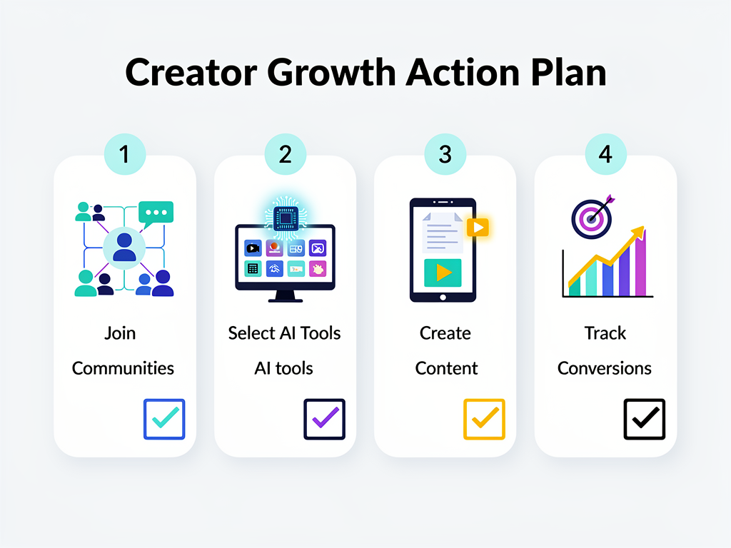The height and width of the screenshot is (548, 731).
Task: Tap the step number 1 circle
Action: pyautogui.click(x=125, y=153)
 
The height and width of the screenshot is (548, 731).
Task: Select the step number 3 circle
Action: pyautogui.click(x=445, y=153)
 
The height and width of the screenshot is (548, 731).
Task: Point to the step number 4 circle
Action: pyautogui.click(x=605, y=153)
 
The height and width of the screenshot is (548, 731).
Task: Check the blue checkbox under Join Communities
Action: pyautogui.click(x=164, y=419)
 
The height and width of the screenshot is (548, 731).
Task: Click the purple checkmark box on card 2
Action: pyautogui.click(x=324, y=419)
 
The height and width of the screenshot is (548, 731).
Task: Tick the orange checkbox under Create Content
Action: pyautogui.click(x=484, y=419)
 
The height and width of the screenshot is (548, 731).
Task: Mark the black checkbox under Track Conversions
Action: pyautogui.click(x=645, y=419)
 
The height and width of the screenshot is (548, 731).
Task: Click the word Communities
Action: pyautogui.click(x=123, y=368)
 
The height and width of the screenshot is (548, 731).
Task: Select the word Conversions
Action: pyautogui.click(x=605, y=368)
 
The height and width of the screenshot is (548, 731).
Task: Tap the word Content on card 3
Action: pyautogui.click(x=446, y=368)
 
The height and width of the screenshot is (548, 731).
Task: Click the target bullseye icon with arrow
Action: pyautogui.click(x=592, y=218)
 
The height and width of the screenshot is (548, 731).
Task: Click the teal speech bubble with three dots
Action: pyautogui.click(x=156, y=213)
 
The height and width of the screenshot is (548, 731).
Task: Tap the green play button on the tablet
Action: pyautogui.click(x=443, y=273)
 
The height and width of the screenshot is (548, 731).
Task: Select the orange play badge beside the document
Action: pyautogui.click(x=478, y=227)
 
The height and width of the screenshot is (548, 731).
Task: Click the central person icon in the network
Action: pyautogui.click(x=124, y=247)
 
